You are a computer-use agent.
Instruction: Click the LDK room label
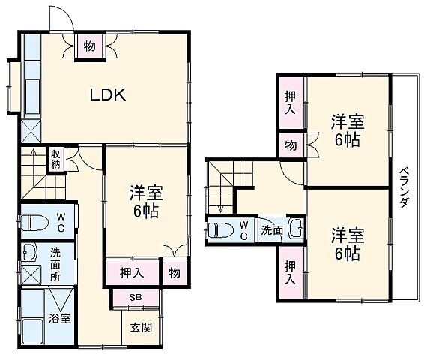click(109, 95)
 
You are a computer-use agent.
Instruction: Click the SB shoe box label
click(136, 298)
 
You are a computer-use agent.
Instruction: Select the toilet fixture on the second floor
click(221, 230)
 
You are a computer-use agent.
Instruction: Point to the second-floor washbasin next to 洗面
click(295, 229)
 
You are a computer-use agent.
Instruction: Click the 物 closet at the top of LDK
click(89, 46)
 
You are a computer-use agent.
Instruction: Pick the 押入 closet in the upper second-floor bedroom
click(290, 103)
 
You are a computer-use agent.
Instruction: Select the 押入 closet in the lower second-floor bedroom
click(290, 272)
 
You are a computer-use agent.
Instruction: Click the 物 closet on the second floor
click(290, 143)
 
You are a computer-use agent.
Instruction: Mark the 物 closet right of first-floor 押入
click(173, 272)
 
